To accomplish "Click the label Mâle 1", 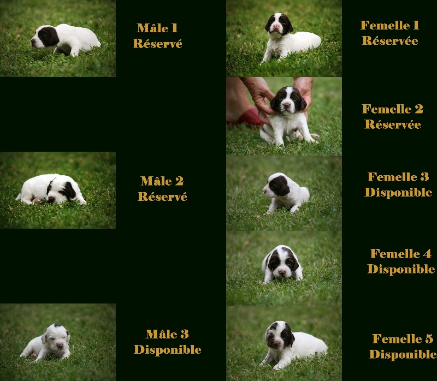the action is (157, 28).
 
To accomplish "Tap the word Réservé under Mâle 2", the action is (162, 197).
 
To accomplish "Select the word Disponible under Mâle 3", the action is (168, 349).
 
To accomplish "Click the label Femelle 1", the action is (389, 25).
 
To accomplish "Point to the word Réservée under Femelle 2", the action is (393, 124).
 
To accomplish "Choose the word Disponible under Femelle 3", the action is (398, 192).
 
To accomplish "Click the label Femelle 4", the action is (401, 253).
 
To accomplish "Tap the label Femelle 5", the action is (403, 338).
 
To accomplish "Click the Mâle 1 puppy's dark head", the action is (46, 37).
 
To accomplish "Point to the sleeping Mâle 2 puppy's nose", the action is (51, 199).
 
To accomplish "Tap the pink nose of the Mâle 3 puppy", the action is (60, 346).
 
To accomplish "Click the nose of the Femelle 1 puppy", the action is (276, 27).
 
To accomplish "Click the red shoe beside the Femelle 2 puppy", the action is (249, 117).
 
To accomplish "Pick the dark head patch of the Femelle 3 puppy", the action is (279, 185).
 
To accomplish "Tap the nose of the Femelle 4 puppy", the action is (282, 272).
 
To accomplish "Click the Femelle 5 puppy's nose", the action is (276, 343).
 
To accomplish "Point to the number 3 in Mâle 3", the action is (185, 334).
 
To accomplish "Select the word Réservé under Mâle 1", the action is (157, 43).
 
